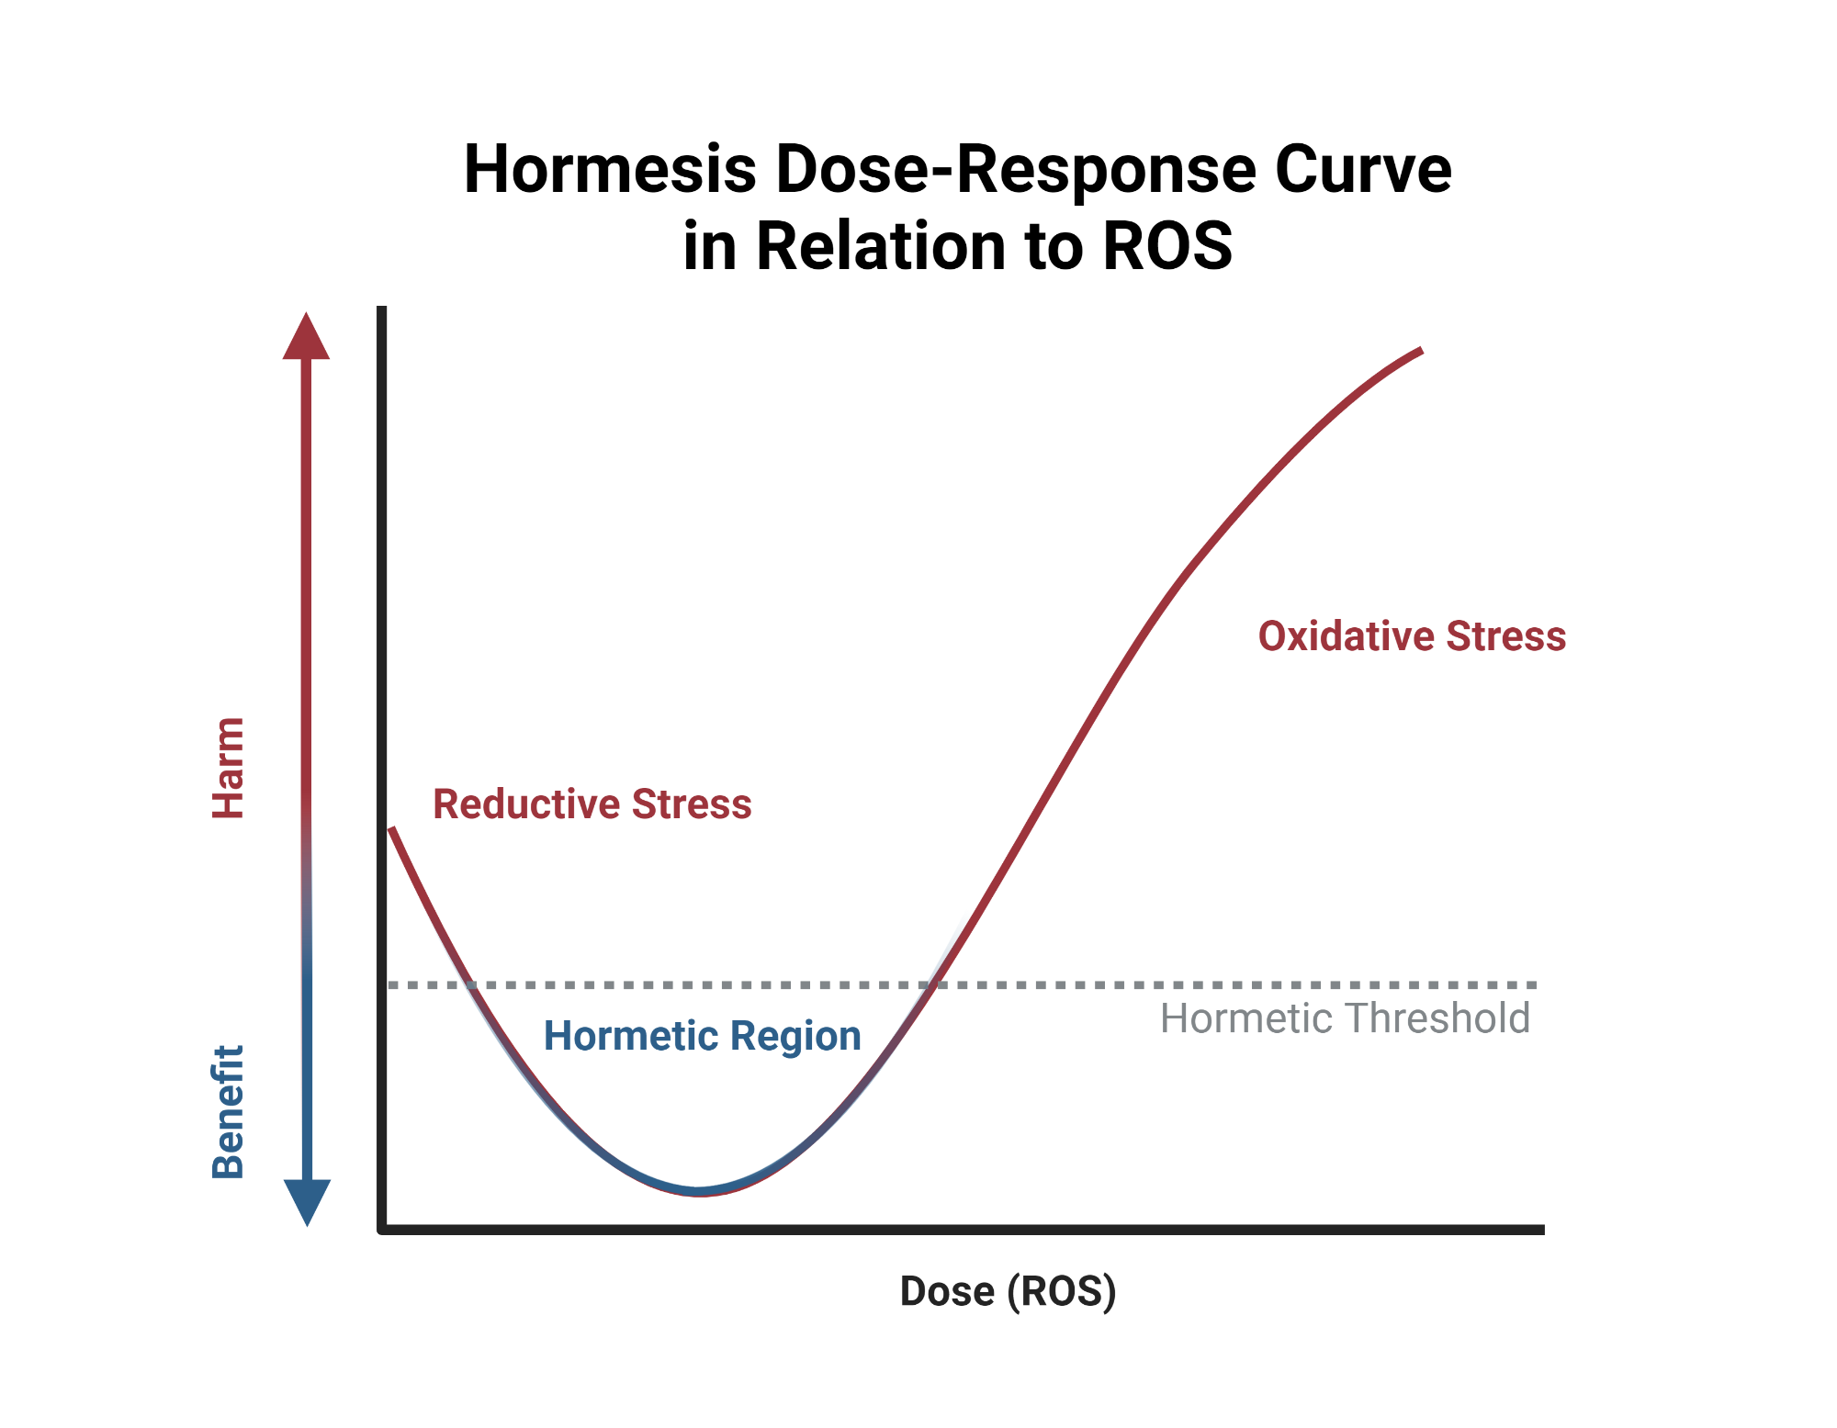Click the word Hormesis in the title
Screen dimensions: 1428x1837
[x=610, y=170]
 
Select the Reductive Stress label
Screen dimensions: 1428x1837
[x=592, y=804]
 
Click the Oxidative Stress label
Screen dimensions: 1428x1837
[x=1411, y=636]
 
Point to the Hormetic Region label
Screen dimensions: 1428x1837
[x=702, y=1036]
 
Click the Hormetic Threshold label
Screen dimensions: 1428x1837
[x=1345, y=1018]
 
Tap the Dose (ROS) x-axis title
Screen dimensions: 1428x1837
[x=1008, y=1291]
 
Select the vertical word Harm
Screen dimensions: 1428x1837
[x=228, y=768]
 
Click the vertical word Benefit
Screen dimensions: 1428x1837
[x=228, y=1111]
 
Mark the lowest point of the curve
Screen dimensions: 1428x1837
[x=700, y=1191]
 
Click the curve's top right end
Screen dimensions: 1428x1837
[x=1420, y=351]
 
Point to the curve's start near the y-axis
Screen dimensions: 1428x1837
[x=392, y=829]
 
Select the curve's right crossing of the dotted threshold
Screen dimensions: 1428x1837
[x=933, y=984]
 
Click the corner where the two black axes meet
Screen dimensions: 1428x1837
[x=382, y=1229]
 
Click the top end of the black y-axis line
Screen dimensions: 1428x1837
[x=382, y=309]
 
